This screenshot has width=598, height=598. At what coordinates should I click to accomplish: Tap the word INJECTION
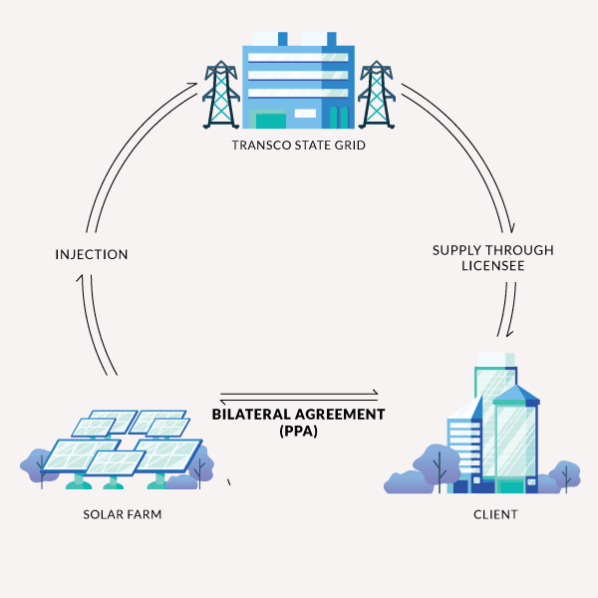tap(92, 254)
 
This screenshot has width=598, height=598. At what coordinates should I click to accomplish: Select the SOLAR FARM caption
tap(123, 514)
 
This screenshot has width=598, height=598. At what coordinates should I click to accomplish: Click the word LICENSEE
tap(492, 266)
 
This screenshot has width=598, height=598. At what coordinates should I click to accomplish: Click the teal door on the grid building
tap(271, 121)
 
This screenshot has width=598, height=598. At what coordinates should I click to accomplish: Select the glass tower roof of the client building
tap(515, 395)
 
